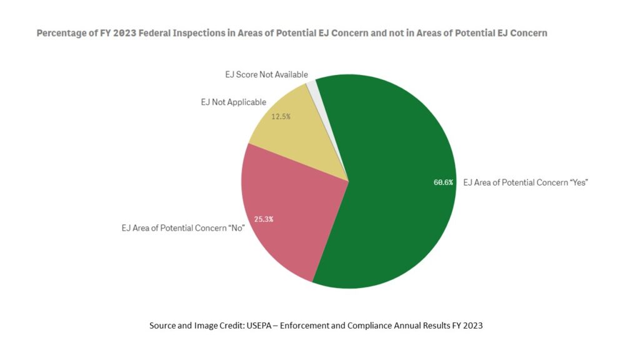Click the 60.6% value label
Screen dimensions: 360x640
(444, 182)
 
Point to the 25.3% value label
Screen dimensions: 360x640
(264, 219)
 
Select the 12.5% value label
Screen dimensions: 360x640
(281, 116)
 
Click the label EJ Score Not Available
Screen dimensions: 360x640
(266, 74)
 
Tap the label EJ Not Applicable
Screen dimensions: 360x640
(233, 102)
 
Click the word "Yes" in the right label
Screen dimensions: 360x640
(577, 182)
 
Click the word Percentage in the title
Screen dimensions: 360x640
(61, 33)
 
